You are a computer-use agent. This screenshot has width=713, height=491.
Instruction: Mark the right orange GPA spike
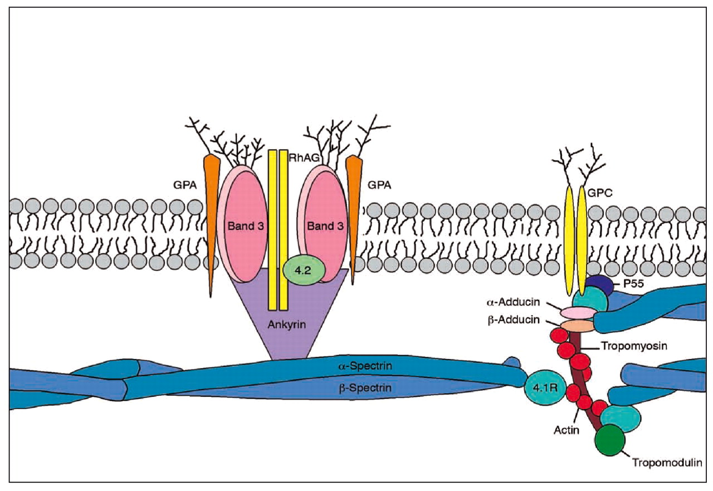[352, 212]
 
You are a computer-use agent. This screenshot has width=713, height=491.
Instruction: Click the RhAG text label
[304, 158]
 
